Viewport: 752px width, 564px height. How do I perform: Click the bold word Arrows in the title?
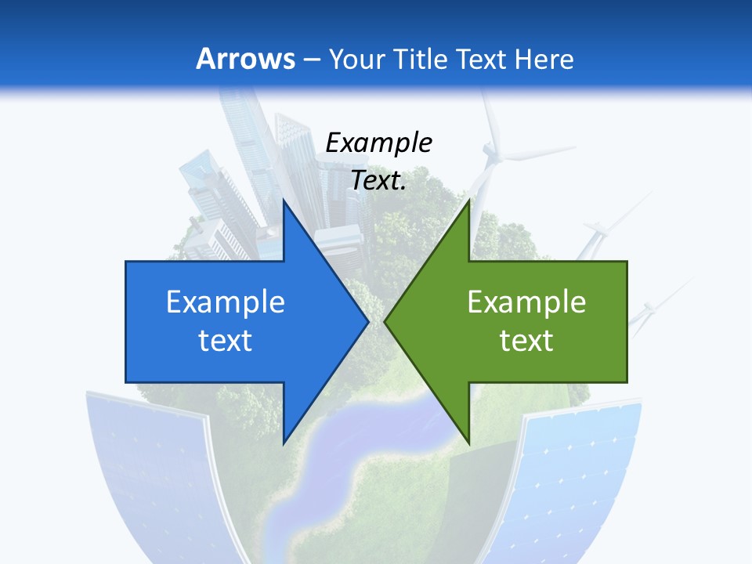click(246, 59)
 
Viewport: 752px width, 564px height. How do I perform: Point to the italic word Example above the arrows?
click(378, 143)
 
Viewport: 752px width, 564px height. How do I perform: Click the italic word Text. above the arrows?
click(378, 180)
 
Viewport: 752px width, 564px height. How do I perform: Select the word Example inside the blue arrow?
click(226, 302)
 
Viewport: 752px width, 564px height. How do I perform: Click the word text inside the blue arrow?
click(226, 340)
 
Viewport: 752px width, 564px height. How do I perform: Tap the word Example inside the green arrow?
click(526, 302)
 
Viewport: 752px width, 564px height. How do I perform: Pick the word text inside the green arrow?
click(526, 340)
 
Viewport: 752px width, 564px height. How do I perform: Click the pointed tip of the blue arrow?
click(368, 322)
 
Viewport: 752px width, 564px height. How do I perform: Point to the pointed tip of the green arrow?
click(385, 322)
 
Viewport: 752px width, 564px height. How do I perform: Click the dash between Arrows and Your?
click(312, 60)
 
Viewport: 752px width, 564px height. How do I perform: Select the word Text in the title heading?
click(482, 59)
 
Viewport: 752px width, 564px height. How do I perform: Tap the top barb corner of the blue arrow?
click(284, 200)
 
